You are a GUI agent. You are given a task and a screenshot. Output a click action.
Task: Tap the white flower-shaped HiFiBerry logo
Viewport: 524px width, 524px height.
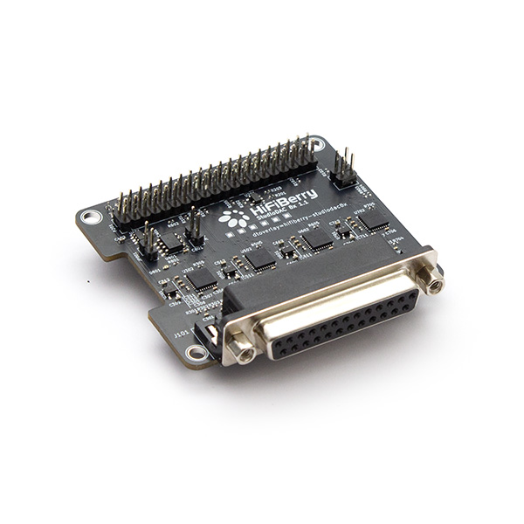pyautogui.click(x=233, y=219)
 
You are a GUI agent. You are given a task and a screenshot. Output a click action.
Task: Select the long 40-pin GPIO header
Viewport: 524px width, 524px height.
pyautogui.click(x=214, y=184)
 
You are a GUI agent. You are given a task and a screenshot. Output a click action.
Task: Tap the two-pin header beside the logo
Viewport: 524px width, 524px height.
pyautogui.click(x=195, y=229)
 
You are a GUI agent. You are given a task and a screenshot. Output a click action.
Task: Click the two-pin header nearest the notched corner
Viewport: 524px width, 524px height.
pyautogui.click(x=150, y=244)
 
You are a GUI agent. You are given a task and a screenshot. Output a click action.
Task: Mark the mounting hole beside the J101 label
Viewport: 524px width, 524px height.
pyautogui.click(x=196, y=353)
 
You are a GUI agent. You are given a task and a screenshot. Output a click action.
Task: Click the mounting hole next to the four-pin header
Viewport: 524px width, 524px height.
pyautogui.click(x=317, y=142)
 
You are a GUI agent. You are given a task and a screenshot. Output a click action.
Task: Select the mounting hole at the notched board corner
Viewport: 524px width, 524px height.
pyautogui.click(x=88, y=217)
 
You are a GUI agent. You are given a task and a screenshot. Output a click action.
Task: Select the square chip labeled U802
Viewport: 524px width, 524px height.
pyautogui.click(x=320, y=238)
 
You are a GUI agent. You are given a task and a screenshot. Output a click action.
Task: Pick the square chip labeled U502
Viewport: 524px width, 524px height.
pyautogui.click(x=203, y=278)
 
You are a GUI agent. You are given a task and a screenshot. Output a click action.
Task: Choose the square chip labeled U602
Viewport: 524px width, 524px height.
pyautogui.click(x=259, y=259)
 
